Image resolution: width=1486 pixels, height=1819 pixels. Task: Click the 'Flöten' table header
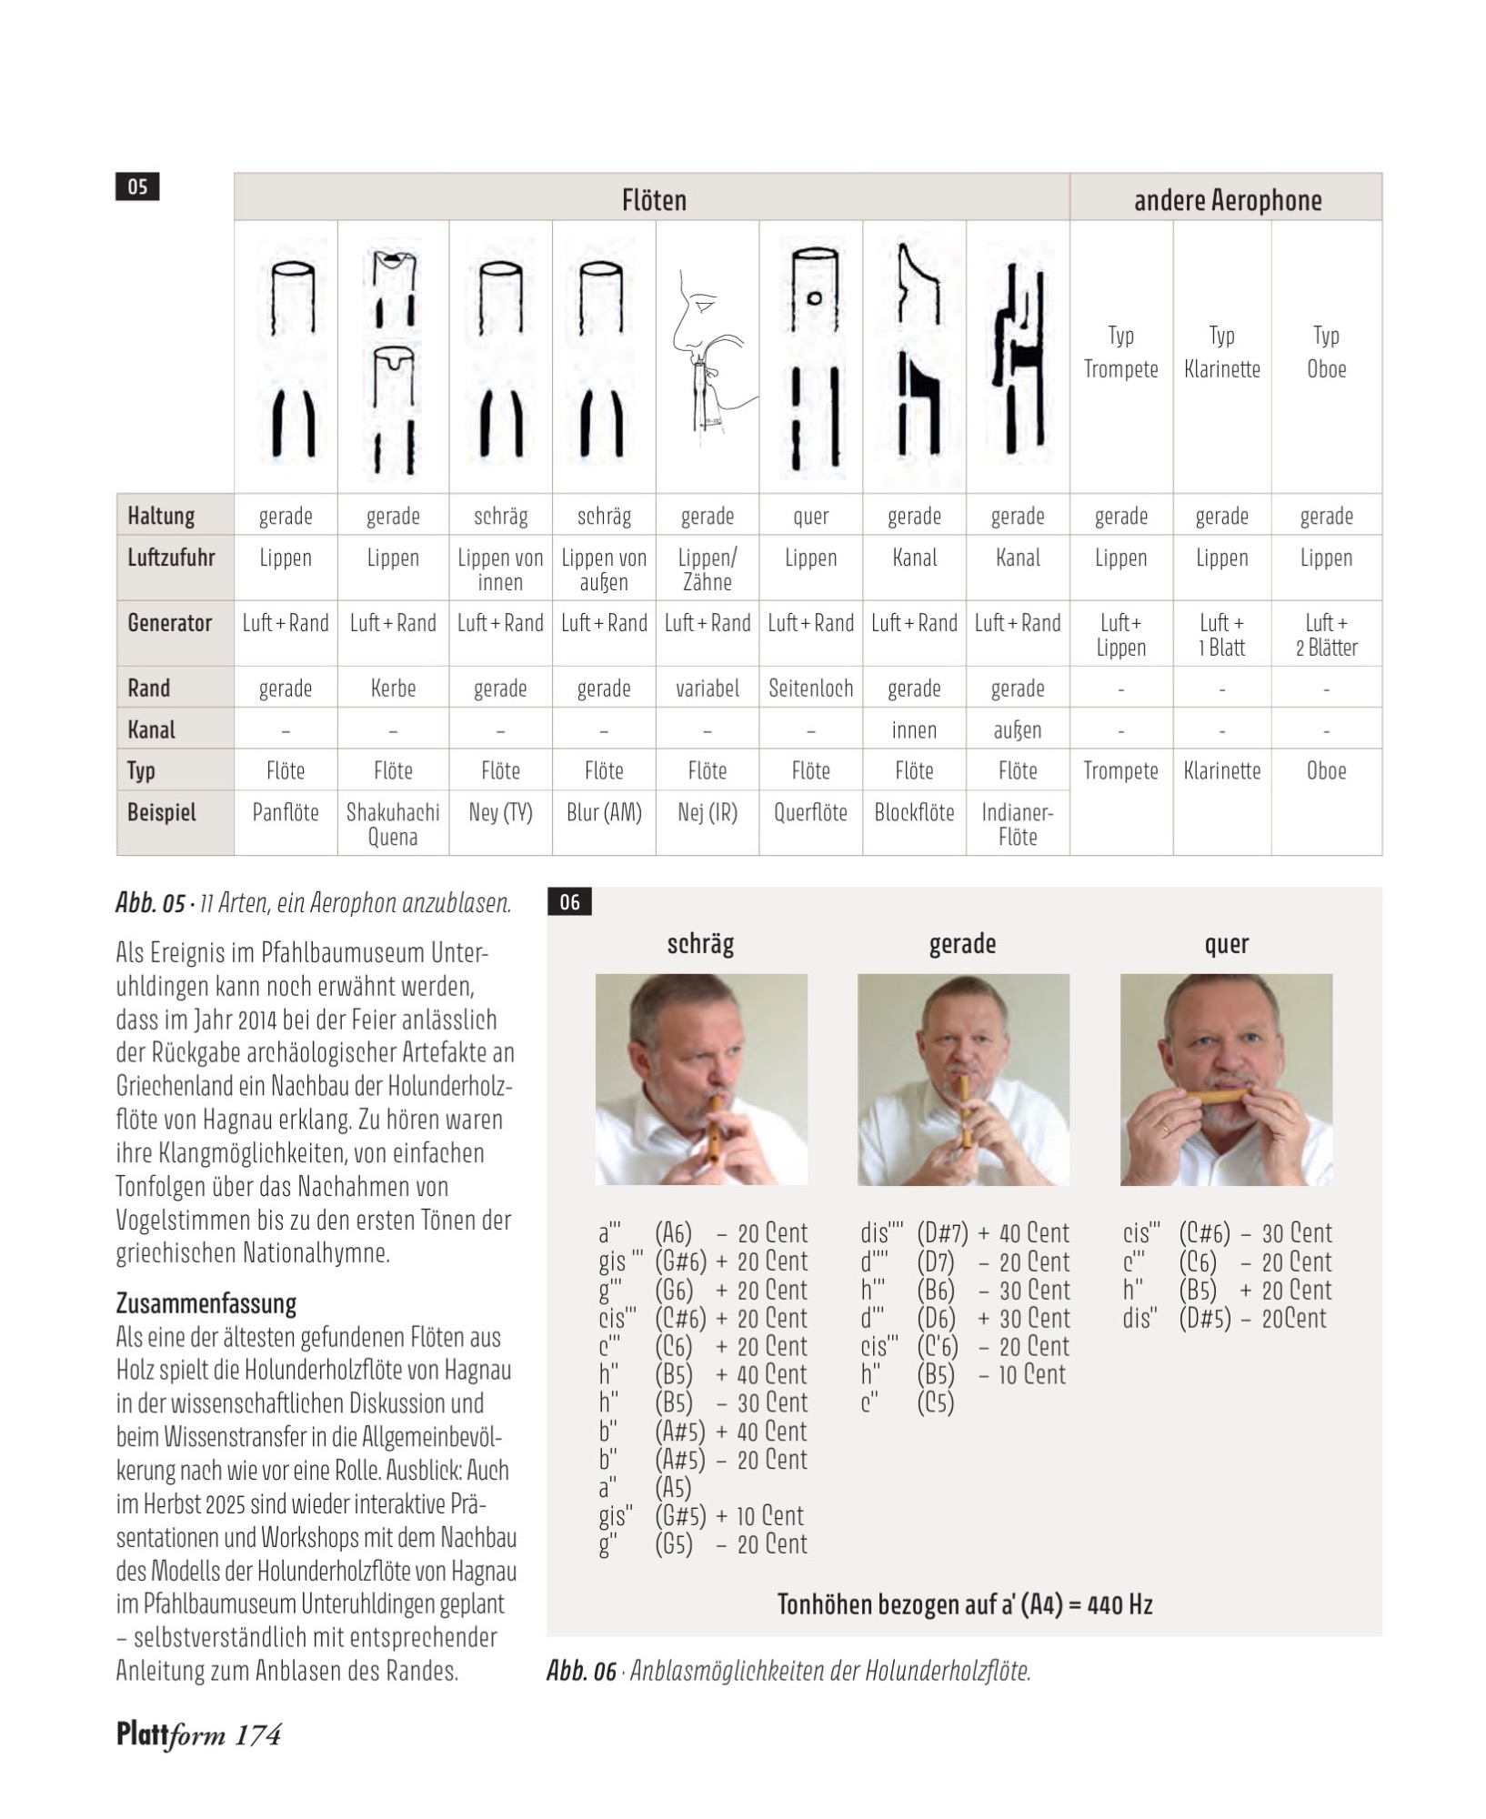pyautogui.click(x=653, y=200)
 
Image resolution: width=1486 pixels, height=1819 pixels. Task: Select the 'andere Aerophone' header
pyautogui.click(x=1227, y=200)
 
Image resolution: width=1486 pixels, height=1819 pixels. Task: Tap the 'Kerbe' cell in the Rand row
pyautogui.click(x=393, y=688)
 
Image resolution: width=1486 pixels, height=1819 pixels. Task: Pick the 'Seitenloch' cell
pyautogui.click(x=810, y=688)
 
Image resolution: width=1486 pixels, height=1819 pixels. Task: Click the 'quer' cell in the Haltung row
pyautogui.click(x=810, y=517)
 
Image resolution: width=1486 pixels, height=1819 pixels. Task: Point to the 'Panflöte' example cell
pyautogui.click(x=286, y=812)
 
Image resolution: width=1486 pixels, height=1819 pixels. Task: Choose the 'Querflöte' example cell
pyautogui.click(x=810, y=812)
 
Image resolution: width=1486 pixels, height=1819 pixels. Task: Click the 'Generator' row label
pyautogui.click(x=169, y=623)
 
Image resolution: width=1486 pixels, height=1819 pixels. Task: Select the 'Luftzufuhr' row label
pyautogui.click(x=171, y=558)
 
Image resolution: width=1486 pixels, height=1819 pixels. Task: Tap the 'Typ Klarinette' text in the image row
pyautogui.click(x=1221, y=353)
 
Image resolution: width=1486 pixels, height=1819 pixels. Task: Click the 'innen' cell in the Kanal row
pyautogui.click(x=914, y=730)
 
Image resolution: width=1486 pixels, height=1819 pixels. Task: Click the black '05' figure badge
pyautogui.click(x=137, y=186)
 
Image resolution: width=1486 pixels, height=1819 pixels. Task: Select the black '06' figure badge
pyautogui.click(x=569, y=902)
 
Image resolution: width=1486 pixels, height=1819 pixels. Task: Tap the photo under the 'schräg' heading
pyautogui.click(x=701, y=1080)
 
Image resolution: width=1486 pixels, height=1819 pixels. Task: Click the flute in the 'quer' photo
pyautogui.click(x=1225, y=1096)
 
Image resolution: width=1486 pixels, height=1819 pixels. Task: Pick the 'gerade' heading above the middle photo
pyautogui.click(x=962, y=944)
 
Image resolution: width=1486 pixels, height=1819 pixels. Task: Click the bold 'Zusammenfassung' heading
pyautogui.click(x=206, y=1303)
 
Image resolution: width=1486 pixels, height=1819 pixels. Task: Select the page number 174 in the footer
pyautogui.click(x=258, y=1735)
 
